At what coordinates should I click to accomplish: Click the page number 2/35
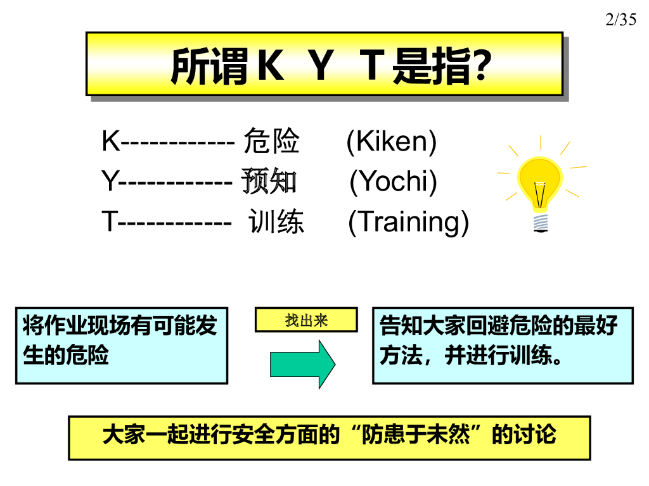coord(620,20)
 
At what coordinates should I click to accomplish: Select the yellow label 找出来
coord(306,320)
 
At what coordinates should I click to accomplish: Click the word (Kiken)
coord(392,142)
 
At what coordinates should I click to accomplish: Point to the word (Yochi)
coord(394,182)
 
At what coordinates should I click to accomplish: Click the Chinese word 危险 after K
coord(271,142)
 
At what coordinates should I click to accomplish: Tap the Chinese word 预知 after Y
coord(269,182)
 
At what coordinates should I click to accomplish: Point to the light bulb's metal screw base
coord(541,222)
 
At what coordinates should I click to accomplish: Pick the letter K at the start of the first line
coord(110,142)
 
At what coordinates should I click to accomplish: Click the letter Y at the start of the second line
coord(110,182)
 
